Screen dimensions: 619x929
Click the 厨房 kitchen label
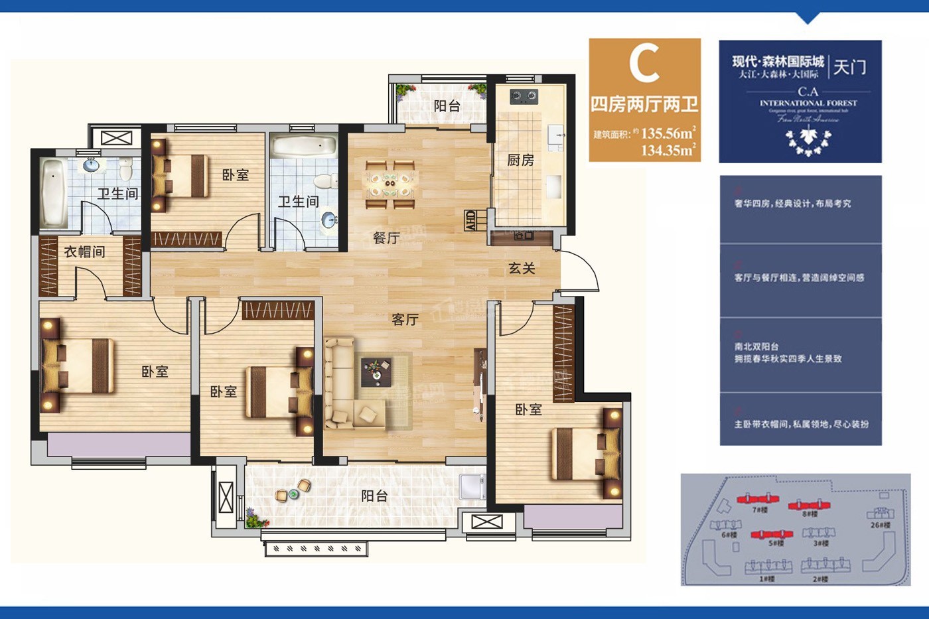(520, 160)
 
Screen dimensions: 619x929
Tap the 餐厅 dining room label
(386, 238)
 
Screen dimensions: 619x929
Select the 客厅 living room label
(405, 320)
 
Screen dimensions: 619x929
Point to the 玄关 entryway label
(522, 268)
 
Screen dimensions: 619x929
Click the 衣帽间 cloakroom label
(84, 252)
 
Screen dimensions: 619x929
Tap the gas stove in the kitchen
(524, 98)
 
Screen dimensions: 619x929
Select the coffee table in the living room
(376, 372)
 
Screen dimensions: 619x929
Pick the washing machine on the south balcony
(472, 486)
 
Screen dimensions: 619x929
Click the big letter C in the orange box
(644, 63)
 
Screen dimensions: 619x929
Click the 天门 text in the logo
(850, 67)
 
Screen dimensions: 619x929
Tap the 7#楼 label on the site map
(760, 510)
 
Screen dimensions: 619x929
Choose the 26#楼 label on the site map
(881, 525)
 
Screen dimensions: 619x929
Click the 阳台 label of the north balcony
(447, 105)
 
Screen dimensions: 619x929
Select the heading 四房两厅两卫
(644, 105)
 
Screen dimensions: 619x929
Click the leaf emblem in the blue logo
(808, 141)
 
